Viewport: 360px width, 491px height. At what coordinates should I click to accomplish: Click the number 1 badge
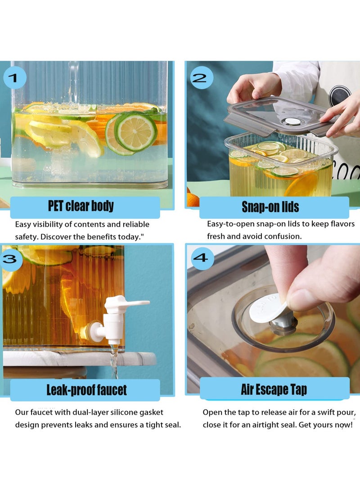tap(14, 77)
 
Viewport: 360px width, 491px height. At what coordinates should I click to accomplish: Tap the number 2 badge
tap(202, 77)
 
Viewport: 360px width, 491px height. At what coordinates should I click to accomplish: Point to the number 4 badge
tap(202, 258)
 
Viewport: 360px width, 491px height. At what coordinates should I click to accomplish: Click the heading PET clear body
tap(81, 206)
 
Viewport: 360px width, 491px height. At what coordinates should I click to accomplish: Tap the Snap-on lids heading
tap(270, 207)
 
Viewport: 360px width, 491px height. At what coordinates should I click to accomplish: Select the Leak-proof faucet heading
tap(87, 390)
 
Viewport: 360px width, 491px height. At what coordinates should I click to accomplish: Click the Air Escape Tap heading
tap(274, 390)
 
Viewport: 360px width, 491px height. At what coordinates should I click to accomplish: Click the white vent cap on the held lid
tap(292, 122)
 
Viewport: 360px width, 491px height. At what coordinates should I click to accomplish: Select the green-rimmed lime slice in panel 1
tap(135, 132)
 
